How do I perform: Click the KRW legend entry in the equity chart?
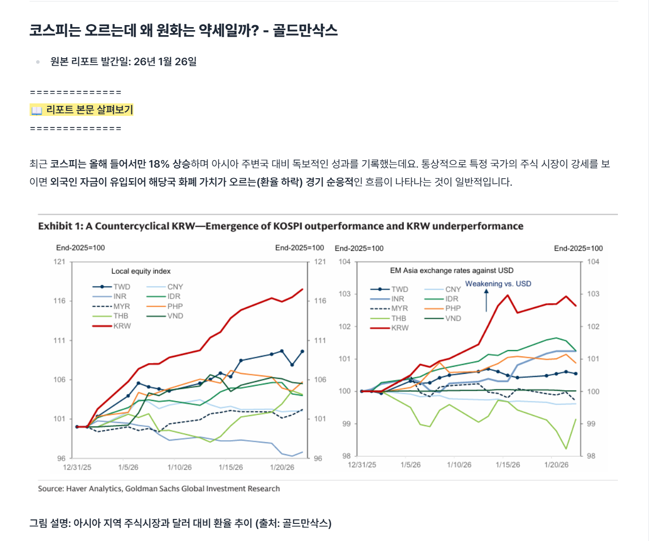(x=111, y=326)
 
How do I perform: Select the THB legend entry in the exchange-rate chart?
(x=388, y=318)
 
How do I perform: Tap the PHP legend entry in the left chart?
(x=165, y=306)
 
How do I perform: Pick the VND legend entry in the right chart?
(x=442, y=318)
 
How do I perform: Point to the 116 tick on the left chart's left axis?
(x=59, y=301)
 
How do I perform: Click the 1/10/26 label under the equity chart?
(x=180, y=467)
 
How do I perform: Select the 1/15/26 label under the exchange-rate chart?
(x=508, y=465)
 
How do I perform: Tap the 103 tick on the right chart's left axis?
(x=345, y=294)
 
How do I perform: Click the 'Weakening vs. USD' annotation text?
(x=498, y=284)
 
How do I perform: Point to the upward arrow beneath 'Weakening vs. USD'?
(x=486, y=300)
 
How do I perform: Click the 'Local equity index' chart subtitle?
(x=141, y=272)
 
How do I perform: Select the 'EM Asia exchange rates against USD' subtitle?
(x=451, y=270)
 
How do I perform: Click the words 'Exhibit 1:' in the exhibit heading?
(x=61, y=226)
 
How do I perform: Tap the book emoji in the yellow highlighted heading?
(x=37, y=110)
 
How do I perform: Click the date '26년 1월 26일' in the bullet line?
(x=165, y=62)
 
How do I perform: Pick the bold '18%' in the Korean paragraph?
(x=159, y=164)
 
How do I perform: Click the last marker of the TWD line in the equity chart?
(x=302, y=351)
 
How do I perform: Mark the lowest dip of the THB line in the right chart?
(x=566, y=449)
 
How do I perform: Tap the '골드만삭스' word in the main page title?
(x=305, y=31)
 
